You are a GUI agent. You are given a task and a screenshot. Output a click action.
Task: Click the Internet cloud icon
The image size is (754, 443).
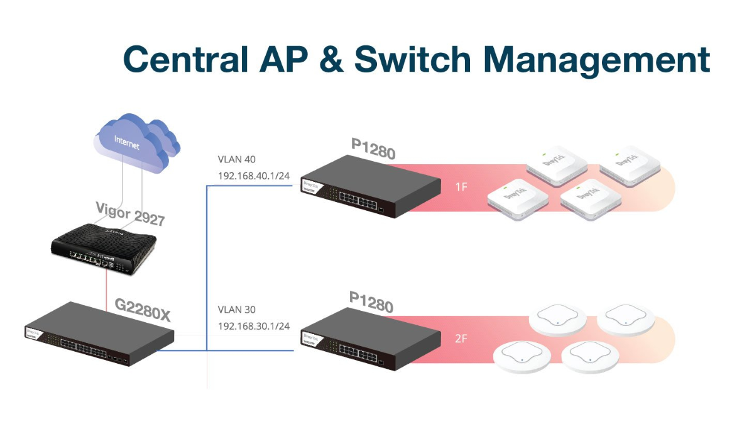[x=135, y=143]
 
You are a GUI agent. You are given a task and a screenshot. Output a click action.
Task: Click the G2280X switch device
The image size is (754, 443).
[x=98, y=334]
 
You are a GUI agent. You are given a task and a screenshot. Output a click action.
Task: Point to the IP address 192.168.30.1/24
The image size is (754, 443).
[x=253, y=326]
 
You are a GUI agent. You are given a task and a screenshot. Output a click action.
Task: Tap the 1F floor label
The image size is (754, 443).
[x=461, y=187]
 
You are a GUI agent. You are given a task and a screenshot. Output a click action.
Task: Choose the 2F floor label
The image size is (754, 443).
[x=461, y=339]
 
